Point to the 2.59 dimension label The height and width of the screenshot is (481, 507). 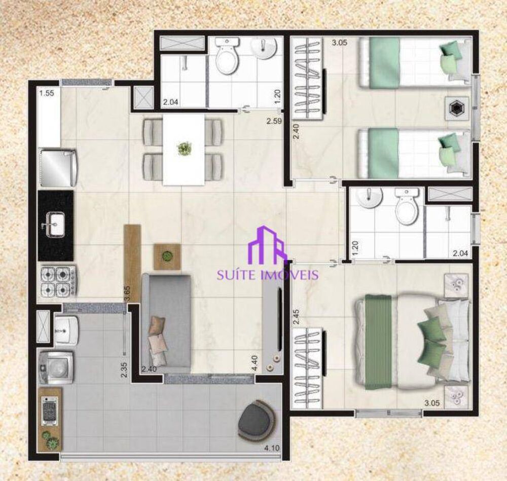point(274,121)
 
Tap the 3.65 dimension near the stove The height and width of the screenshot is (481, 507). point(128,294)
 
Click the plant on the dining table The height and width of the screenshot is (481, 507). point(183,149)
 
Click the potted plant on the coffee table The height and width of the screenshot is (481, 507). point(167,255)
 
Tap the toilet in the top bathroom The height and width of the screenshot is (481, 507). point(226,58)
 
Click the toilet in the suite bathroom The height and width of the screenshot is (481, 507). point(407,208)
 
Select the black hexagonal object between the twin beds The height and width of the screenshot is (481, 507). point(455,108)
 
